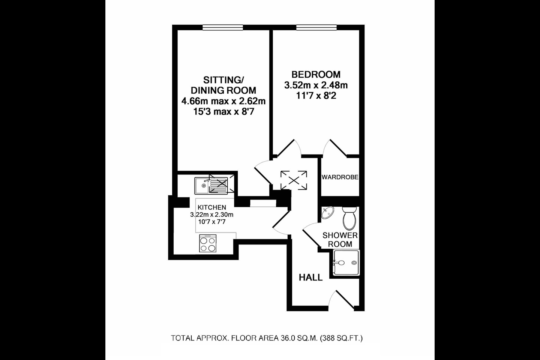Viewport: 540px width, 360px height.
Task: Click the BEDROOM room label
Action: [x=316, y=74]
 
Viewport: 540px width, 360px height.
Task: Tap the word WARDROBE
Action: [x=340, y=177]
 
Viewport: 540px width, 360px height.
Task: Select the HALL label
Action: [x=310, y=277]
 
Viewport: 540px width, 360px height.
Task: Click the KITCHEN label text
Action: [x=212, y=207]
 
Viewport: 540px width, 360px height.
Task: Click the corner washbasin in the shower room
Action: [x=327, y=213]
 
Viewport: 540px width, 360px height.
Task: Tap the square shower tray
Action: [x=346, y=263]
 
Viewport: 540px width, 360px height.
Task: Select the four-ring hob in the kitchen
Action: [x=208, y=244]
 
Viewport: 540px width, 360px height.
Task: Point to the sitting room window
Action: [x=223, y=27]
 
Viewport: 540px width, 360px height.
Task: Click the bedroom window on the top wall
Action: [x=316, y=27]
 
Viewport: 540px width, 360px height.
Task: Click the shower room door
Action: [x=312, y=234]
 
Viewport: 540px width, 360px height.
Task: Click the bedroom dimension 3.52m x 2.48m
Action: [x=316, y=85]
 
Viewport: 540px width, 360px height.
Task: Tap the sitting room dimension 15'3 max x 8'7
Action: [x=223, y=111]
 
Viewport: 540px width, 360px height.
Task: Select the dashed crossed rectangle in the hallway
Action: [x=294, y=180]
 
